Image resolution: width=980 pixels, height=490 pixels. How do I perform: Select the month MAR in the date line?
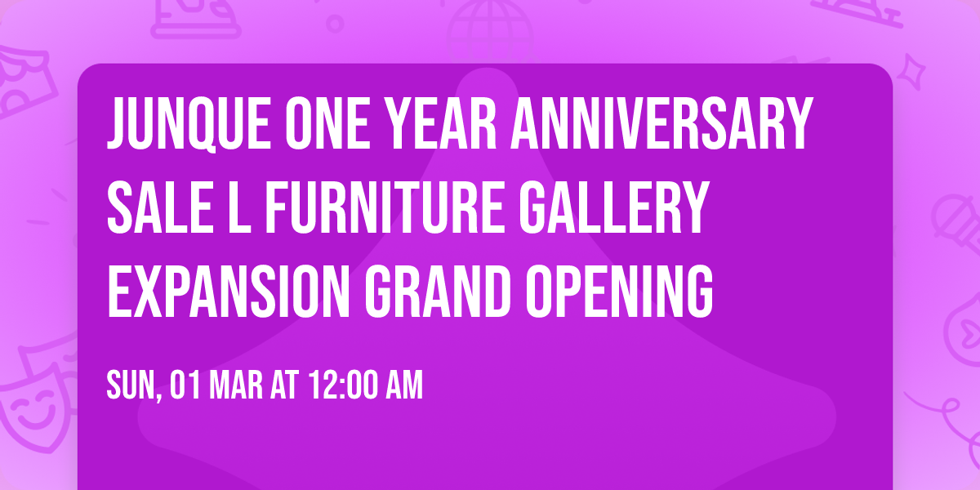[235, 385]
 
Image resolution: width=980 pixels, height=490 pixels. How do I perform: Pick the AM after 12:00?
[404, 385]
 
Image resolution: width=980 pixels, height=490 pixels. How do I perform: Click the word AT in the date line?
[284, 385]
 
